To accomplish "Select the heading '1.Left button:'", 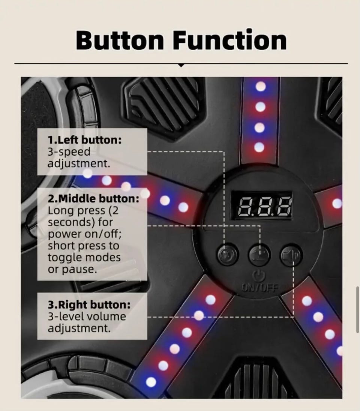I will tap(85, 140).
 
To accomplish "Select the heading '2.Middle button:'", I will tap(93, 198).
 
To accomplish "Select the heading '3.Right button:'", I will tap(89, 304).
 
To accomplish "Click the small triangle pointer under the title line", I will tap(181, 66).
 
